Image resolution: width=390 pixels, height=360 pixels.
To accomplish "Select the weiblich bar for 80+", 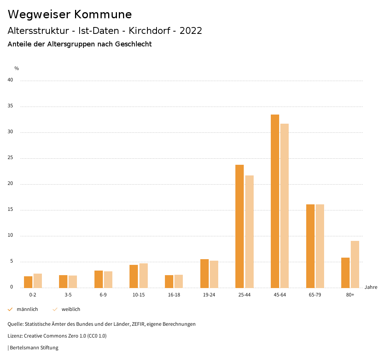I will point(355,264).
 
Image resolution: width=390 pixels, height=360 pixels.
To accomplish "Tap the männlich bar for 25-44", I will point(240,226).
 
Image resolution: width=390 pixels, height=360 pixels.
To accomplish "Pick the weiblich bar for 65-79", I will point(320,246).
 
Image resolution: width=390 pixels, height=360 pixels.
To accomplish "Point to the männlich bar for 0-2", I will point(28,282).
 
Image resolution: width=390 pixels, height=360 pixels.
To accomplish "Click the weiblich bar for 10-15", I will point(143,276).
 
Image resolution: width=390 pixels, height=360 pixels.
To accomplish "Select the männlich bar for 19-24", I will point(205,273).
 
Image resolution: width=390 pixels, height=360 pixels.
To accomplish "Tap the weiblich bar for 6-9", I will point(108,279).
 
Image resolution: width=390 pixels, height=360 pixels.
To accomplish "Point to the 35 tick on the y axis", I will point(10,106).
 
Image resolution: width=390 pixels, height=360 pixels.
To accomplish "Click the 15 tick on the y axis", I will point(10,210).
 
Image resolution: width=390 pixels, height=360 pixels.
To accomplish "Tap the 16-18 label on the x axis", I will point(174,295).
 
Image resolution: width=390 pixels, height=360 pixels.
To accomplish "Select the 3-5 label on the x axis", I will point(68,295).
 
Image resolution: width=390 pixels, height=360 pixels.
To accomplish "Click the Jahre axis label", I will point(371,287).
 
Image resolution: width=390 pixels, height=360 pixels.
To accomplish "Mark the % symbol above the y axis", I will point(17,68).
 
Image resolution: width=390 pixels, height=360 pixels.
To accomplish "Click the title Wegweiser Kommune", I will point(70,14).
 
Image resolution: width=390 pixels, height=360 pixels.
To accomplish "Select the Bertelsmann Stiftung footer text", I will point(34,348).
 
